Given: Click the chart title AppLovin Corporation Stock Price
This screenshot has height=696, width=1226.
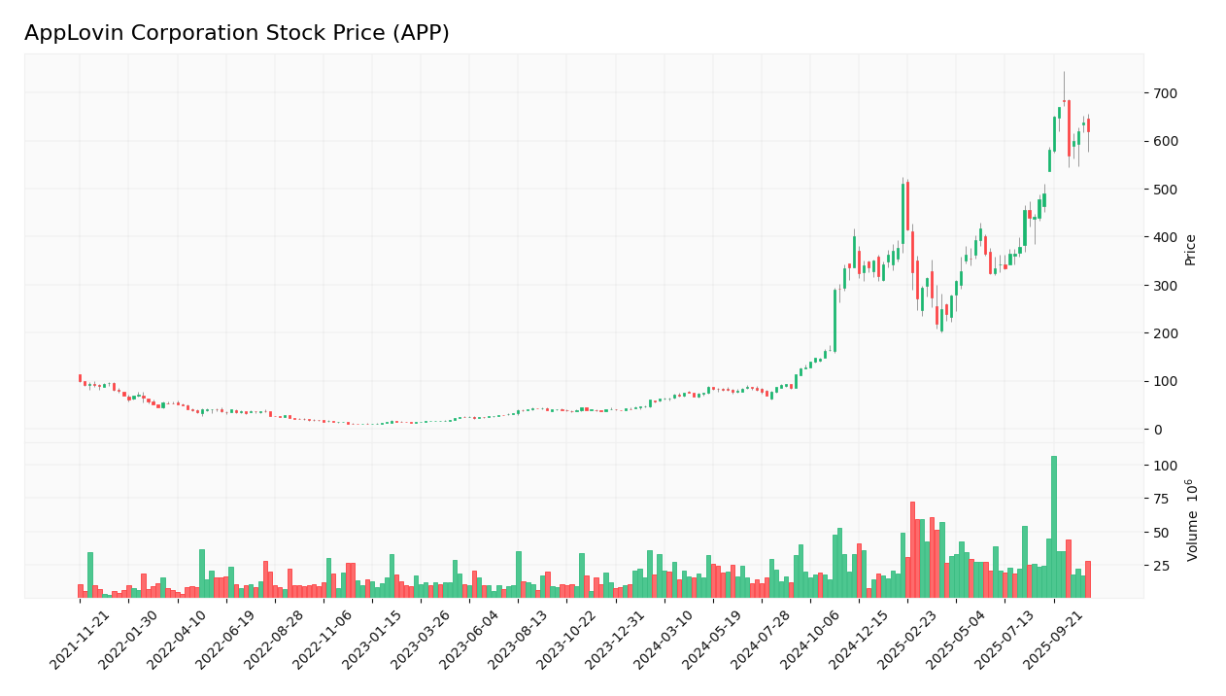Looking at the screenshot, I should tap(236, 34).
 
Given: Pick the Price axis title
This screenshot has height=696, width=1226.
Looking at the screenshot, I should tap(1190, 250).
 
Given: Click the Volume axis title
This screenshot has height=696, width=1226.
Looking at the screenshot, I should tap(1192, 519).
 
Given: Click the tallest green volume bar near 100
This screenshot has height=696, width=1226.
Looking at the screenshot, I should tap(1053, 527).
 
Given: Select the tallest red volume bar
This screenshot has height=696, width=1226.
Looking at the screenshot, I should tap(912, 549).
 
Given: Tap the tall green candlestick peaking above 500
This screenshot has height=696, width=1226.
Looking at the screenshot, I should tap(902, 214).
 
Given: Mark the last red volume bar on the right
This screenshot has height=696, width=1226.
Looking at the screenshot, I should tap(1087, 579).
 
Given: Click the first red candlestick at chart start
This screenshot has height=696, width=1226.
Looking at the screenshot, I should tap(80, 378).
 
